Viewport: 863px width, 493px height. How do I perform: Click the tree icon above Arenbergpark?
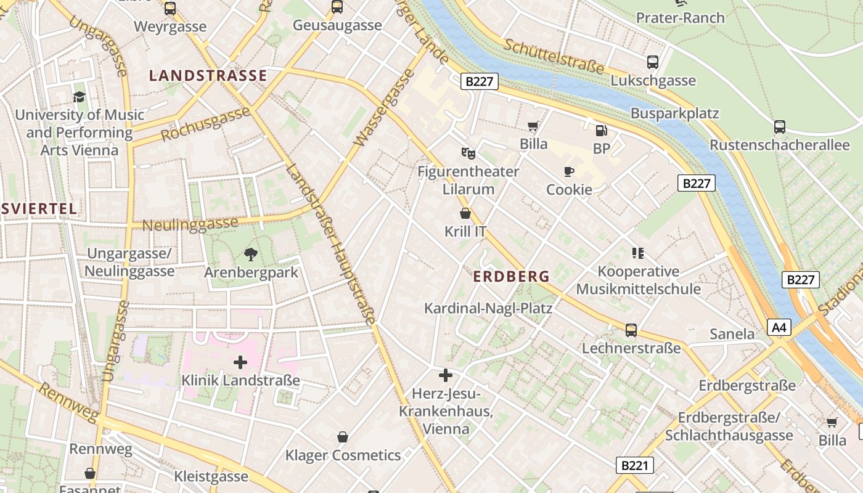pyautogui.click(x=250, y=254)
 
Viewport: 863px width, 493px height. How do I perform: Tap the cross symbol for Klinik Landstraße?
pyautogui.click(x=240, y=362)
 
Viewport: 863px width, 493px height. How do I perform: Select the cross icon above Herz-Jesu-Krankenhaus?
pyautogui.click(x=446, y=375)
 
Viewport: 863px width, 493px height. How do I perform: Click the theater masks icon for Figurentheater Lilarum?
pyautogui.click(x=468, y=153)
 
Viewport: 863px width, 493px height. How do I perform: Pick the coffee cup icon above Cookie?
pyautogui.click(x=569, y=171)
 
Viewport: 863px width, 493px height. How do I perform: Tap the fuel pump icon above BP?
pyautogui.click(x=601, y=130)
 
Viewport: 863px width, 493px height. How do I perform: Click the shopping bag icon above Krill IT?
pyautogui.click(x=465, y=213)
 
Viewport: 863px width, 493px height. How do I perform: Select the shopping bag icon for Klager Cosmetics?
pyautogui.click(x=343, y=437)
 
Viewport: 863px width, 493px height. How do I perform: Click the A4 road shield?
pyautogui.click(x=779, y=327)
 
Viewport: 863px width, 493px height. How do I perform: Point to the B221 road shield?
pyautogui.click(x=634, y=465)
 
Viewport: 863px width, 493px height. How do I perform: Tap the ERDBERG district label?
pyautogui.click(x=511, y=277)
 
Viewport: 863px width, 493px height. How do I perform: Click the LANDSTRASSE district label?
pyautogui.click(x=208, y=76)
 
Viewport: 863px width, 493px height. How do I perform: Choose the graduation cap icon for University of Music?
pyautogui.click(x=79, y=97)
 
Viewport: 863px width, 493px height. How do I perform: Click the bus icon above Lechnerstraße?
pyautogui.click(x=631, y=330)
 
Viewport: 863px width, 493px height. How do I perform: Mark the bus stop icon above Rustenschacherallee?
pyautogui.click(x=780, y=127)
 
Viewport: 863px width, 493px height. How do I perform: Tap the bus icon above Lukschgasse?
pyautogui.click(x=653, y=62)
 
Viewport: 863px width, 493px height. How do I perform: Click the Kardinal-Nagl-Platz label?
pyautogui.click(x=488, y=308)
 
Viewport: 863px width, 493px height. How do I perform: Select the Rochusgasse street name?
pyautogui.click(x=206, y=124)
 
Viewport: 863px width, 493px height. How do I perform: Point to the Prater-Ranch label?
pyautogui.click(x=681, y=18)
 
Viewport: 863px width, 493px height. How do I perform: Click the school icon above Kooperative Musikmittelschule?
pyautogui.click(x=638, y=253)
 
